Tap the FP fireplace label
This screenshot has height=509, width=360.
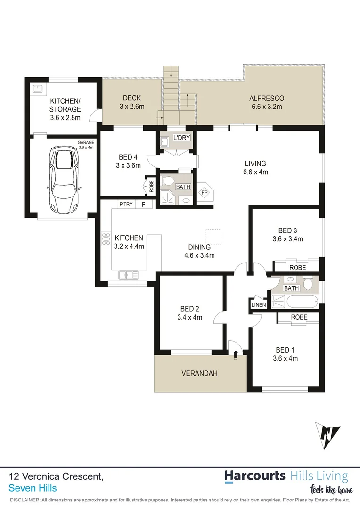tap(205, 193)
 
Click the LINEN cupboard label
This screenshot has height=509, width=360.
tap(259, 305)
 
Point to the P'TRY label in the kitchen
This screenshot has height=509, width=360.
tap(126, 204)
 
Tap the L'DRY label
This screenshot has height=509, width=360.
tap(181, 138)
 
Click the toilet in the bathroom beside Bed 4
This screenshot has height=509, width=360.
tap(168, 181)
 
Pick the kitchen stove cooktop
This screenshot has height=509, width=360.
tap(106, 239)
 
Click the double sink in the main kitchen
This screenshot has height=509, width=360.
tap(128, 274)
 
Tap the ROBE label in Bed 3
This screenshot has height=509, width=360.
tap(297, 267)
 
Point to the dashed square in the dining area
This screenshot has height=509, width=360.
tap(213, 236)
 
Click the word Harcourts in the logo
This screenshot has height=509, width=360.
tap(254, 476)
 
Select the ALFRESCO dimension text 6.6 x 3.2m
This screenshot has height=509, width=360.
tap(266, 107)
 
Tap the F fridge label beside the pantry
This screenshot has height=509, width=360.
tap(144, 204)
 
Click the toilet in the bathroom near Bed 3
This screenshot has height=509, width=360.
tap(308, 284)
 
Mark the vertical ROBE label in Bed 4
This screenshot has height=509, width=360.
tap(151, 187)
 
